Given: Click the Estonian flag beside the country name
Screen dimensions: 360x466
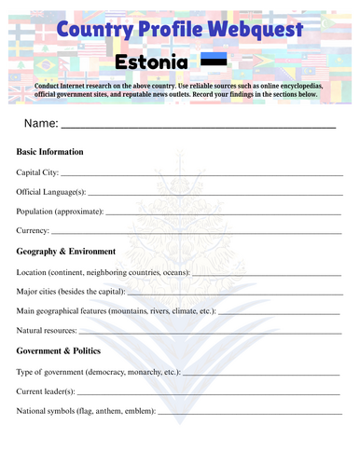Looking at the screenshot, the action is coord(214,62).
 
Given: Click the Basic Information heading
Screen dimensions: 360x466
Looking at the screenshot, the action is coord(50,151).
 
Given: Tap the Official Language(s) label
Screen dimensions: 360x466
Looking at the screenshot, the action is coord(51,192).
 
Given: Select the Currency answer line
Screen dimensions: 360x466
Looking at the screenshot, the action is coord(196,232).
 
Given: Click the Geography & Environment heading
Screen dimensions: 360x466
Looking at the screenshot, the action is coord(66,252).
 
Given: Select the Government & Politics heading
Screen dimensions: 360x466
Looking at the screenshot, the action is coord(62,351).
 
